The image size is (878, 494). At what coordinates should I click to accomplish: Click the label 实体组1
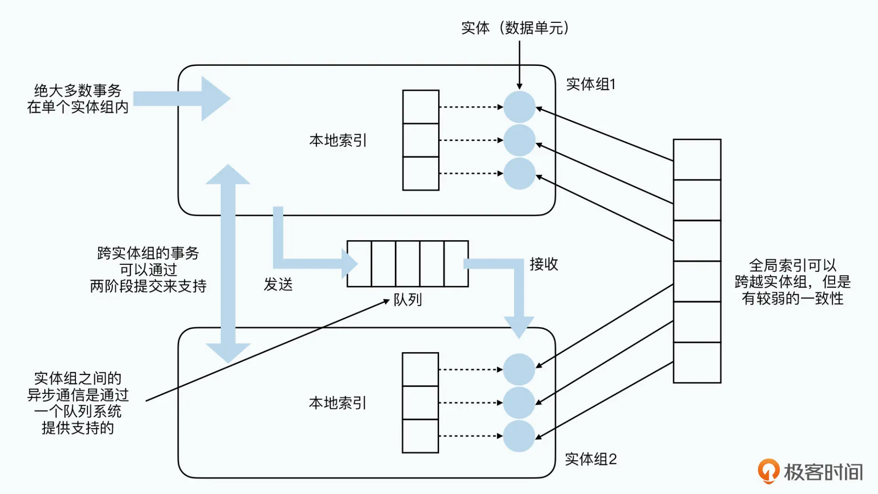(x=590, y=84)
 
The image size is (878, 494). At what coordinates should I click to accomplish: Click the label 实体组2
(x=590, y=459)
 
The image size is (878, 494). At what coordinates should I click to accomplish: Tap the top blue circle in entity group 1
(x=519, y=107)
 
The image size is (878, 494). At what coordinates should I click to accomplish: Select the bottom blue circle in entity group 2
(x=519, y=436)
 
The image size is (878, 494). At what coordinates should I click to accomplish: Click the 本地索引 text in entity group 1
(x=338, y=140)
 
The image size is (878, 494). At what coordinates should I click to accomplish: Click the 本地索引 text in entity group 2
(x=337, y=403)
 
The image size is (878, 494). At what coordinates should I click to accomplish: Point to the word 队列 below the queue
(x=407, y=300)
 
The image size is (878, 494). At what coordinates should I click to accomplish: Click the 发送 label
(x=278, y=285)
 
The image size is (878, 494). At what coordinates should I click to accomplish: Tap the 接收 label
(x=544, y=264)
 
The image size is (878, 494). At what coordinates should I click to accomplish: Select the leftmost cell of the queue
(x=359, y=264)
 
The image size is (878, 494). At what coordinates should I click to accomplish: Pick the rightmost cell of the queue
(x=456, y=264)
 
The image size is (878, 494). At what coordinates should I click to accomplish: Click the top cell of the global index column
(x=697, y=160)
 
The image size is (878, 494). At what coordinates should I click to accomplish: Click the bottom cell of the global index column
(x=697, y=362)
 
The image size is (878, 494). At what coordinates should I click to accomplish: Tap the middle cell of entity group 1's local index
(x=421, y=140)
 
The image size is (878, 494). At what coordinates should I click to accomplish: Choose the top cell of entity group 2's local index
(x=420, y=369)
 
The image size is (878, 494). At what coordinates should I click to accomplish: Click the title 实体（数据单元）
(x=515, y=28)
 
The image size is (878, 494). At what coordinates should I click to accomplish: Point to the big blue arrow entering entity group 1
(x=183, y=98)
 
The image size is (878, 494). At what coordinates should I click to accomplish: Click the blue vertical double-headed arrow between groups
(x=228, y=264)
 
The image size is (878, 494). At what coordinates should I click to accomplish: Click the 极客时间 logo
(x=810, y=472)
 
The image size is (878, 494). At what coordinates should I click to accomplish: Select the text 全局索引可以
(x=792, y=265)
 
